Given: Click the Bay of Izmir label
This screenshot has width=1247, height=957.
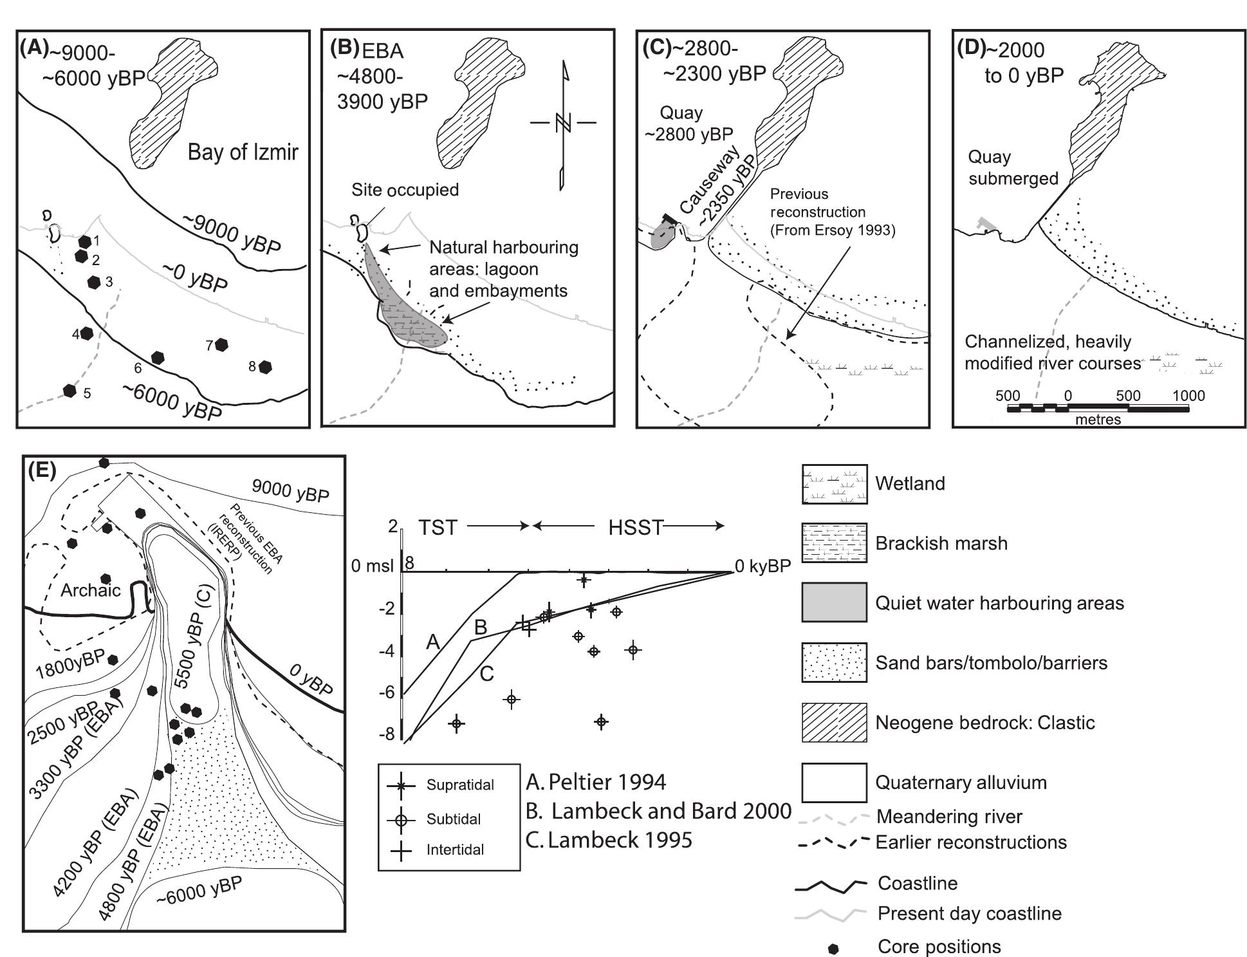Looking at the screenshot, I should (x=243, y=153).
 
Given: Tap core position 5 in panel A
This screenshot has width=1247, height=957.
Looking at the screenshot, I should (x=69, y=390).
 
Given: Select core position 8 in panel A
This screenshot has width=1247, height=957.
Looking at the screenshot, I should (x=264, y=367).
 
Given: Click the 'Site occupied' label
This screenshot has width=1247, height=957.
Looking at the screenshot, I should (x=405, y=190).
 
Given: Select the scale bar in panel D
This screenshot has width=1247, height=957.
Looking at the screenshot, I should (x=1098, y=409).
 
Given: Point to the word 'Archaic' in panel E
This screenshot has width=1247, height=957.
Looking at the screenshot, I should (x=91, y=590).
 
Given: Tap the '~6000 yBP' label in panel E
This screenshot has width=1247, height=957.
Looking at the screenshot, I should (x=199, y=890).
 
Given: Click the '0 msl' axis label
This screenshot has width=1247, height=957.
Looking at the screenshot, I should (x=373, y=566).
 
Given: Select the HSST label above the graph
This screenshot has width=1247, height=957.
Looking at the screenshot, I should (x=635, y=528).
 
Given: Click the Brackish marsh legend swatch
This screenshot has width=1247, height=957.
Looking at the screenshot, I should (x=834, y=543).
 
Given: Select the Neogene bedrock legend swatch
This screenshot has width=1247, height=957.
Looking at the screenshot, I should (x=834, y=722).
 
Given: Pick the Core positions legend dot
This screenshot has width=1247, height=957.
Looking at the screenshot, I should (x=834, y=948).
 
